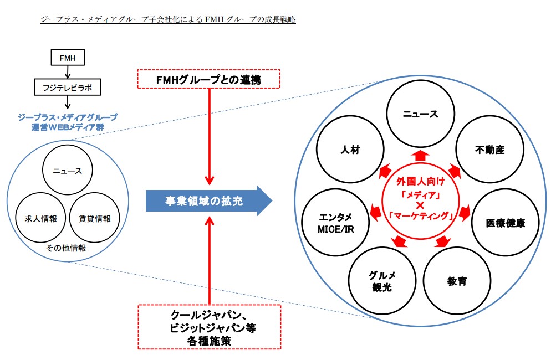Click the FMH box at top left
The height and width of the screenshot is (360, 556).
(67, 57)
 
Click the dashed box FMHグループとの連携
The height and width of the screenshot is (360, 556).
(209, 79)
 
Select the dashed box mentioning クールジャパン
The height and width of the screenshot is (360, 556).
(209, 327)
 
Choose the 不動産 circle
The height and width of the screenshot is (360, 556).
(489, 150)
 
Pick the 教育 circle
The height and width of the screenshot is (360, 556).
(457, 281)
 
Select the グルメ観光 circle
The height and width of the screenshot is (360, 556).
(382, 281)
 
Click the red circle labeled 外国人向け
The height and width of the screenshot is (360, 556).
(420, 200)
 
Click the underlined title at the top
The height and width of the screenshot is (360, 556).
(168, 20)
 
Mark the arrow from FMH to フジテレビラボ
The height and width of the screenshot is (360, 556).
(67, 72)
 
